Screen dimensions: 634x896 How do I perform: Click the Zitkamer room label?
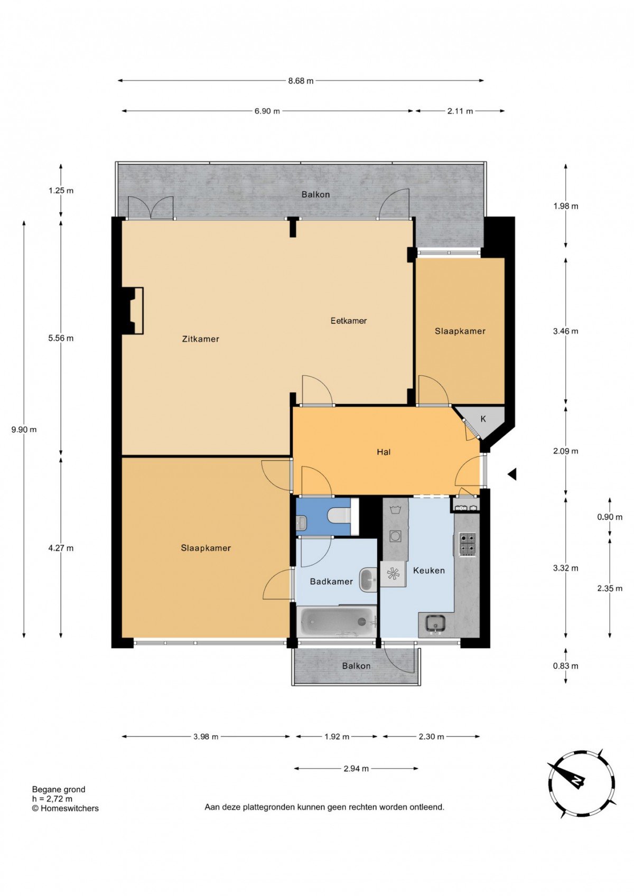[x=200, y=339]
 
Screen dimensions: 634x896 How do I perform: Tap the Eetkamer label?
[x=348, y=321]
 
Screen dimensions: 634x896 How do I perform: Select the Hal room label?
[x=384, y=452]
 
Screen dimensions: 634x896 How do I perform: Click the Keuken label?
[x=429, y=571]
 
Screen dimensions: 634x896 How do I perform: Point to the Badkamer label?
[x=331, y=582]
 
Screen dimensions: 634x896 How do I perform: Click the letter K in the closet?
[x=483, y=419]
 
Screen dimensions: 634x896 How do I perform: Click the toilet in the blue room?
[x=339, y=516]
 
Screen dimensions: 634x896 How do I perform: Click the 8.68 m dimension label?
[x=301, y=81]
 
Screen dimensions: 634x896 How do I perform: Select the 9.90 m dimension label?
[x=24, y=430]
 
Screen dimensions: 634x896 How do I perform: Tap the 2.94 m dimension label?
[x=356, y=768]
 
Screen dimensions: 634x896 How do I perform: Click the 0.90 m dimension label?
[x=610, y=517]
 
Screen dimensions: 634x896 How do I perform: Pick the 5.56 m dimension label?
[x=61, y=339]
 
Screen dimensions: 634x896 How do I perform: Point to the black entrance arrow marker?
[x=512, y=474]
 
